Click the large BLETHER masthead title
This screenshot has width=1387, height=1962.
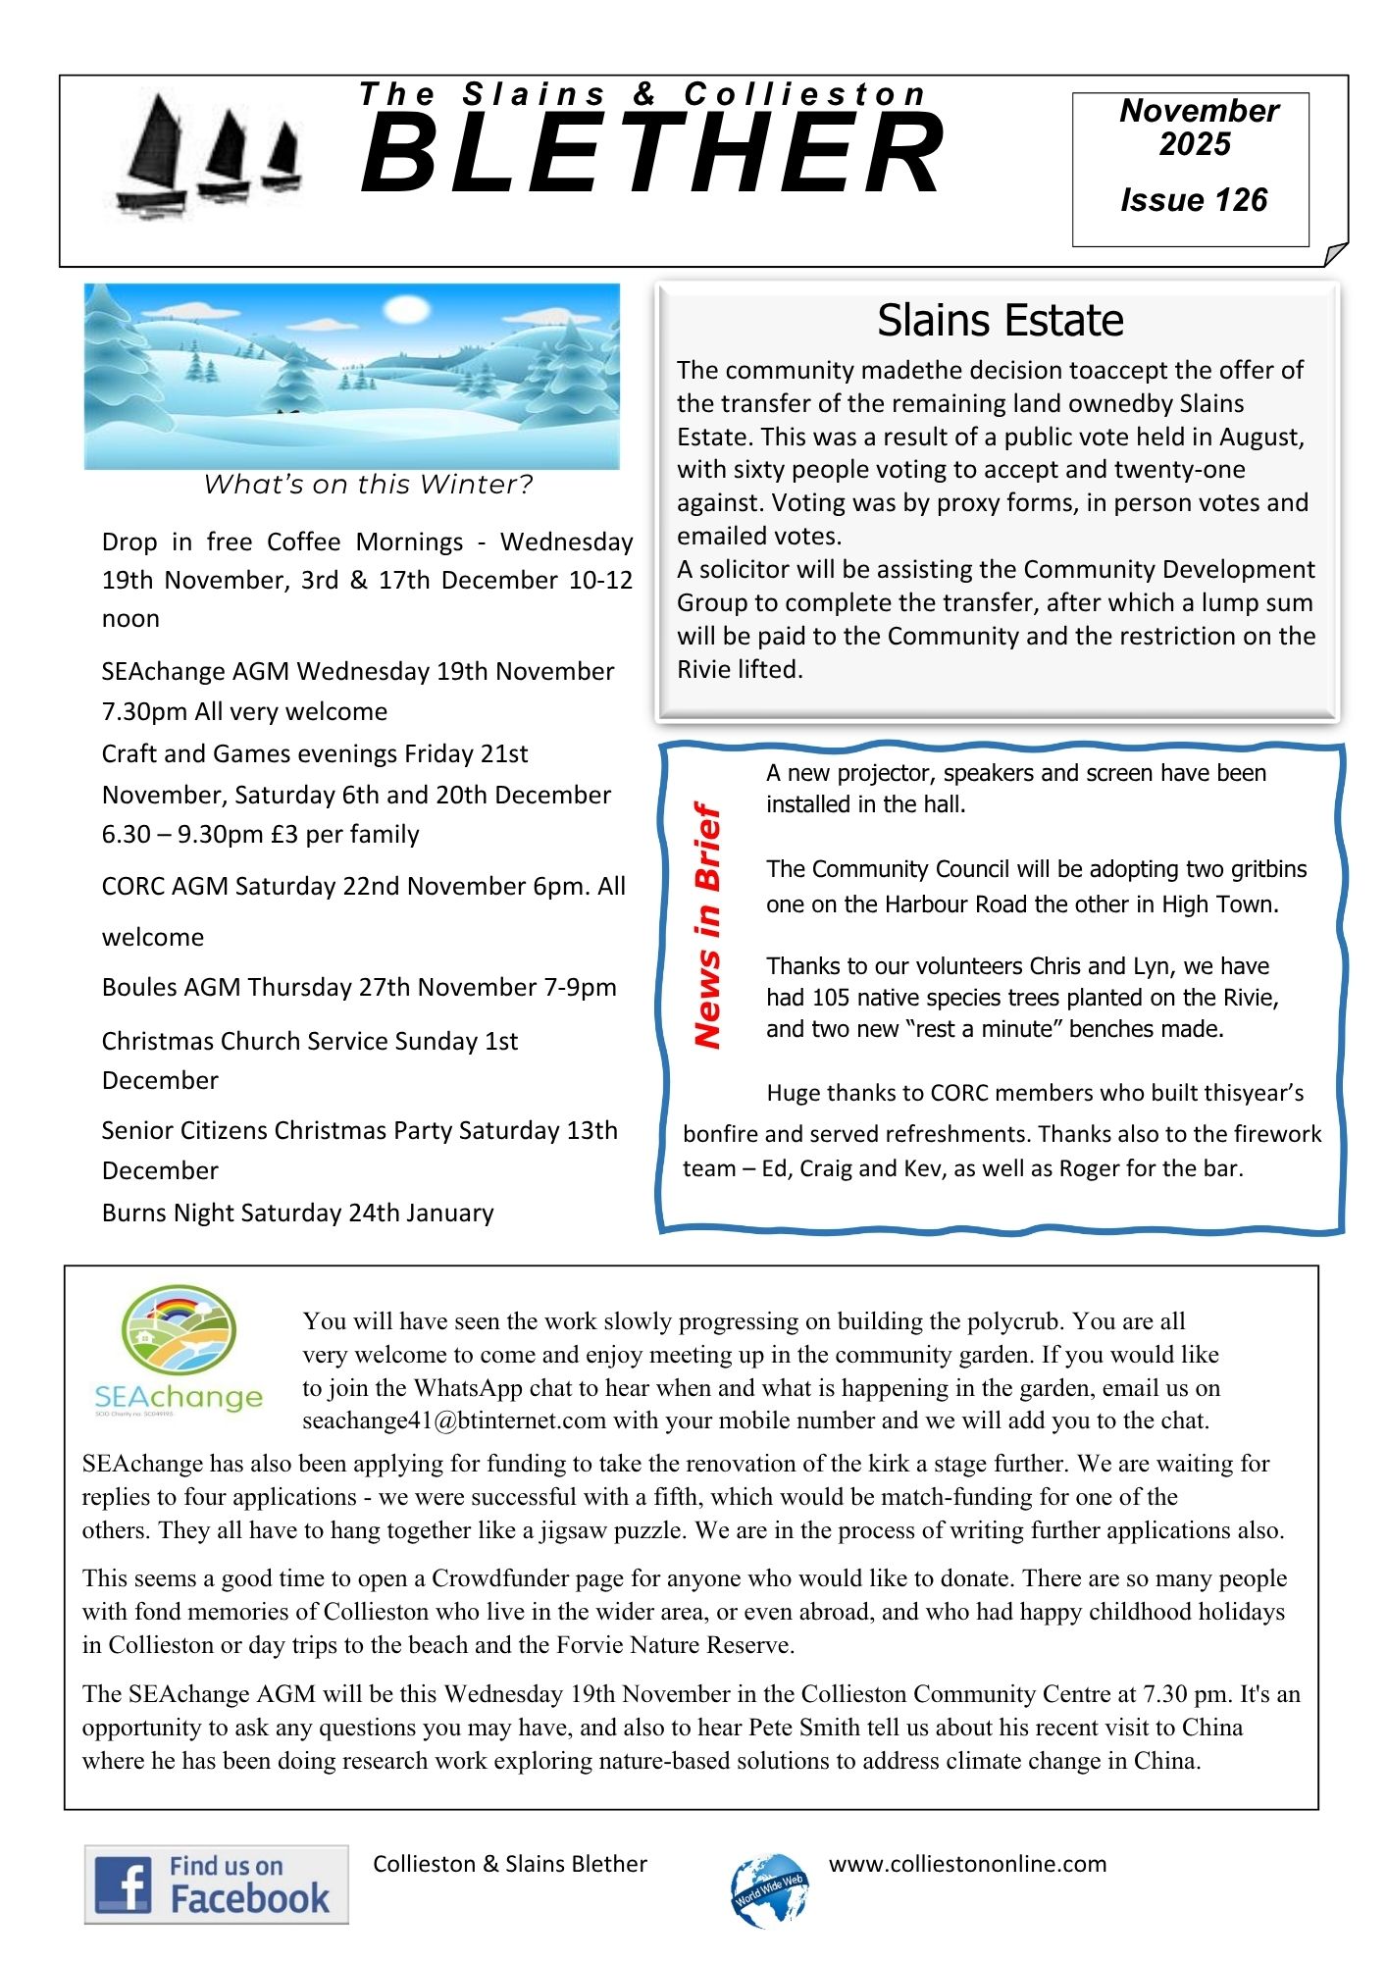coord(652,154)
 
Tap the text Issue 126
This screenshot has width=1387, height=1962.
coord(1194,200)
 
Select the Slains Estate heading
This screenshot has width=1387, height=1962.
coord(1000,321)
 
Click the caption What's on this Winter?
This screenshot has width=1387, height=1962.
coord(368,485)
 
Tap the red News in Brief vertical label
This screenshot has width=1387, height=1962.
coord(707,925)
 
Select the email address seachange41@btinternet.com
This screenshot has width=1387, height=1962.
coord(454,1420)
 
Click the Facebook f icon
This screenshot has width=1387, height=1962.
coord(122,1885)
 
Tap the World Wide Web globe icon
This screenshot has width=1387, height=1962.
coord(770,1889)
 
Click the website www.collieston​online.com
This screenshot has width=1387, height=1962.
coord(967,1864)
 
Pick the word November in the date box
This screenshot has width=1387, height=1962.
coord(1199,111)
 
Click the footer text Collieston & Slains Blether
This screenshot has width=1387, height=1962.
coord(510,1864)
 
